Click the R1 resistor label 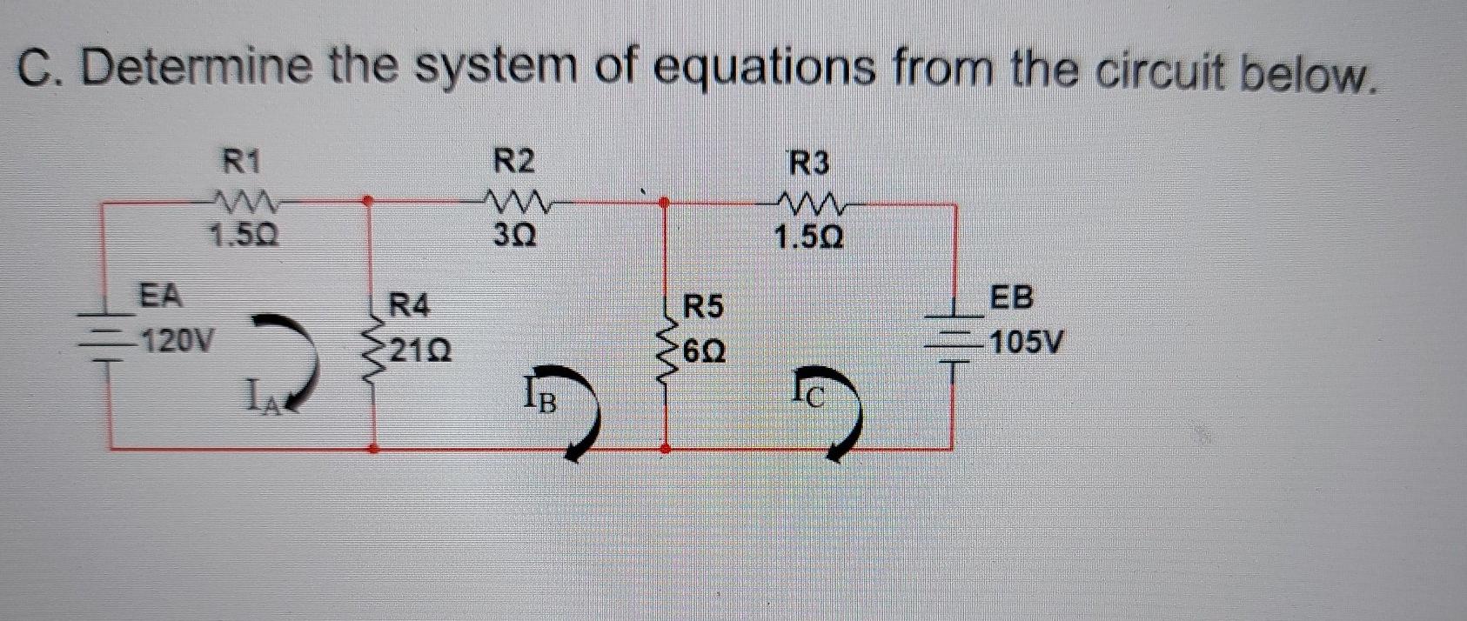(x=243, y=162)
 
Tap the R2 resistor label (x=514, y=162)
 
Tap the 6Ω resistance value (x=705, y=352)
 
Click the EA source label (x=162, y=296)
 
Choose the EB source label (x=1013, y=297)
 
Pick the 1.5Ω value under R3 (x=809, y=237)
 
